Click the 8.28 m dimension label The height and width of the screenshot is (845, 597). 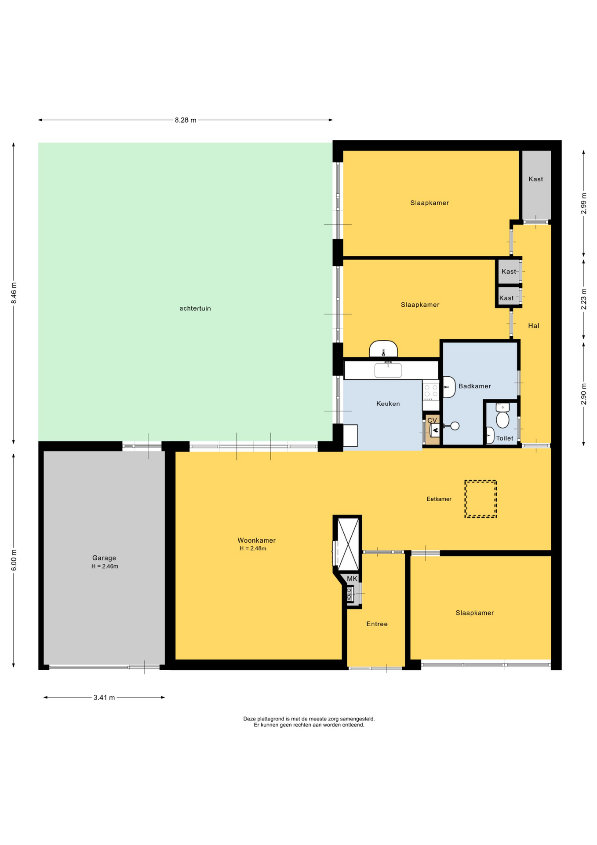pyautogui.click(x=186, y=120)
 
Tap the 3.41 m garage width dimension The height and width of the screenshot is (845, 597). pyautogui.click(x=104, y=698)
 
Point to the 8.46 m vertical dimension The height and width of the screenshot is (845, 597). pyautogui.click(x=14, y=293)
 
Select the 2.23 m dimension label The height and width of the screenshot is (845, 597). pyautogui.click(x=583, y=299)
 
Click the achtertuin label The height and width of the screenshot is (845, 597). pyautogui.click(x=195, y=309)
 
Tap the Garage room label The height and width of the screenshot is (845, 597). pyautogui.click(x=104, y=558)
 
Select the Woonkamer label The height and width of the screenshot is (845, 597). pyautogui.click(x=257, y=540)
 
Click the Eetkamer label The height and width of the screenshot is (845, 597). pyautogui.click(x=439, y=499)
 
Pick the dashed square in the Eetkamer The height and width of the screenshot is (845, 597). pyautogui.click(x=481, y=499)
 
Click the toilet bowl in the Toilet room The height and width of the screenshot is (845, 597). pyautogui.click(x=502, y=420)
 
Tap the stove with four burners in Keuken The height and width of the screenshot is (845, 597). pyautogui.click(x=431, y=390)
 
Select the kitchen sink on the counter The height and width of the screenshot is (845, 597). pyautogui.click(x=388, y=370)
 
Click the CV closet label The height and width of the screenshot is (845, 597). pyautogui.click(x=432, y=420)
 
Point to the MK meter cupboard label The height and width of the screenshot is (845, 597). pyautogui.click(x=352, y=579)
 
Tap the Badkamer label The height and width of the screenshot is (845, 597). pyautogui.click(x=474, y=386)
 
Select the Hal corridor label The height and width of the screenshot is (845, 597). pyautogui.click(x=533, y=326)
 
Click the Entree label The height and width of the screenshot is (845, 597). pyautogui.click(x=377, y=624)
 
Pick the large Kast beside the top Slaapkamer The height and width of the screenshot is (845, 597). pyautogui.click(x=535, y=185)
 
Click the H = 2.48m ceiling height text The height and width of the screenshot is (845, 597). pyautogui.click(x=253, y=549)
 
